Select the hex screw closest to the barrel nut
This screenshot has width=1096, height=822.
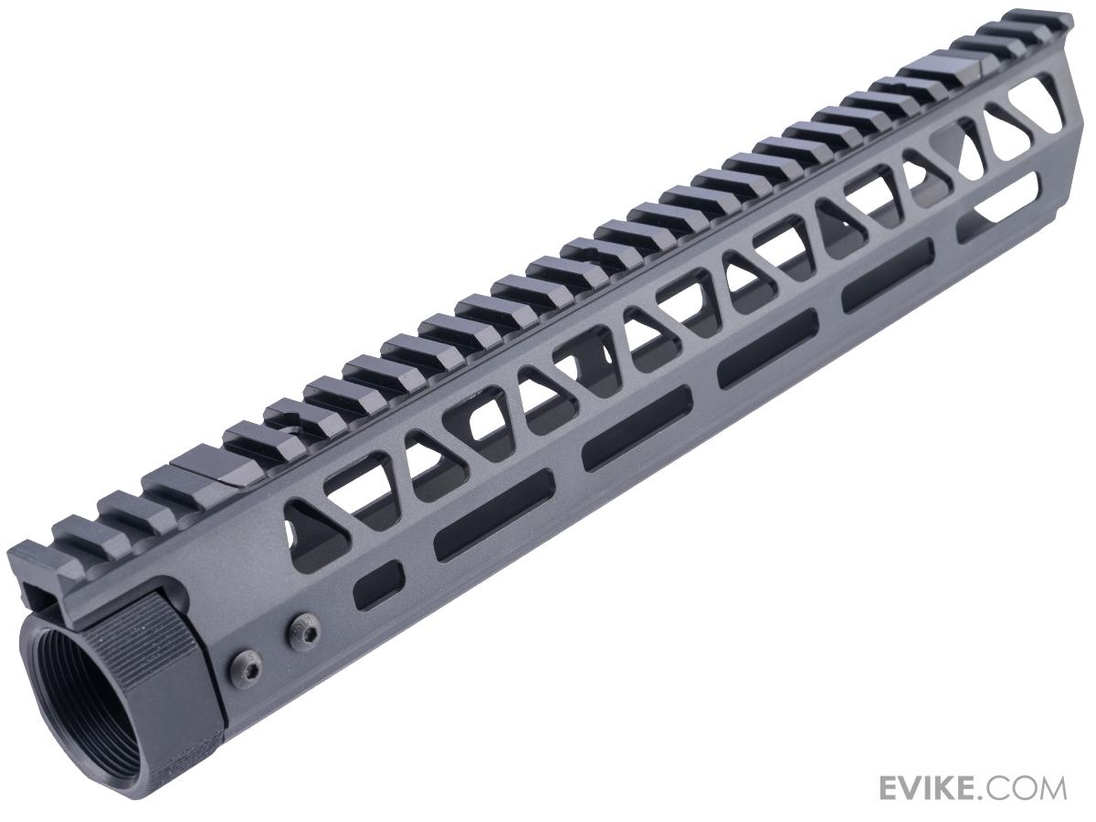click(x=246, y=668)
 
